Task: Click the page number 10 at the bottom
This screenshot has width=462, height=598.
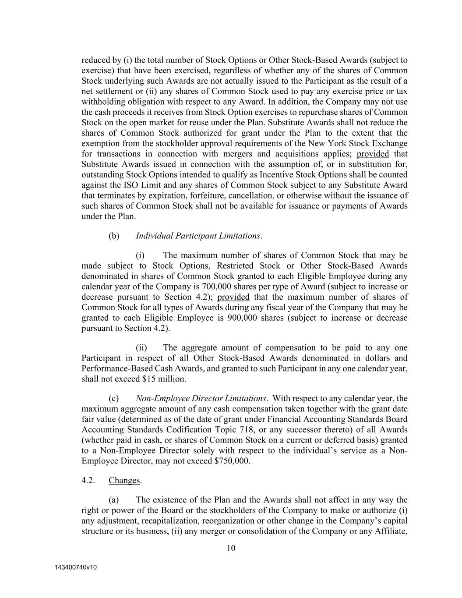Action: point(231,548)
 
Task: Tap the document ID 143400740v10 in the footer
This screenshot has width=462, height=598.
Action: point(75,567)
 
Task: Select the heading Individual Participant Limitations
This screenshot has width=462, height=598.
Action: point(198,236)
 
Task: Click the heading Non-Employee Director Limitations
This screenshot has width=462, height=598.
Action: point(201,399)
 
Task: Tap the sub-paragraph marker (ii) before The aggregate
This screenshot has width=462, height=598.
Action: point(141,348)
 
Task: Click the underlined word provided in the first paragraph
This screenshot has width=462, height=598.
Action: point(373,154)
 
